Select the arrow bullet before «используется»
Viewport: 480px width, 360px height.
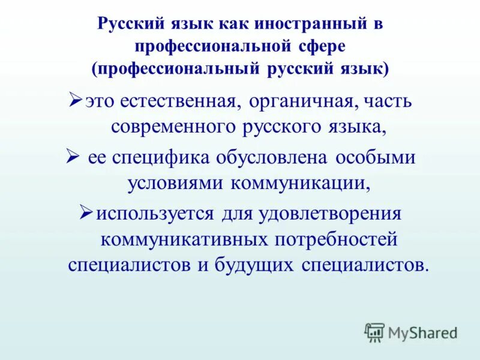(x=85, y=212)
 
